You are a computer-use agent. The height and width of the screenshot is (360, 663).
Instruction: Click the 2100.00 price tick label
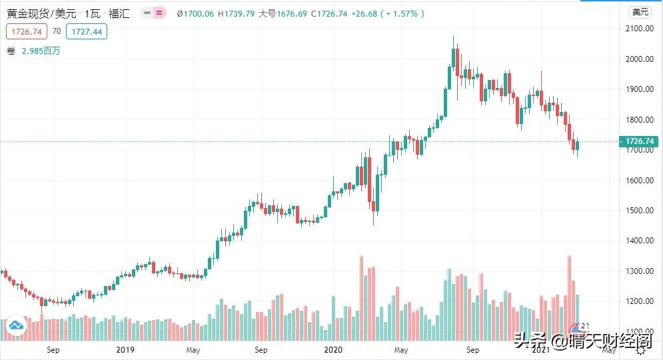[638, 29]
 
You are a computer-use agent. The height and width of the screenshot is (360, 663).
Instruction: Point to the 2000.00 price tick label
[638, 59]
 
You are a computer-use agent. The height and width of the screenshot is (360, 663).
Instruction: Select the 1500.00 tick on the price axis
[638, 210]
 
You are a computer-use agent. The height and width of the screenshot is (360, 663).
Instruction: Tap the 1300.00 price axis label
[638, 271]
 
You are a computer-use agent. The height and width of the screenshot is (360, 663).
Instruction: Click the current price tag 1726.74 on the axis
[638, 141]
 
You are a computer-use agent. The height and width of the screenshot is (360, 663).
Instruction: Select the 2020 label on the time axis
[332, 349]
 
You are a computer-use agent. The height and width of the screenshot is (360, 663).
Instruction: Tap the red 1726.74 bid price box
[25, 31]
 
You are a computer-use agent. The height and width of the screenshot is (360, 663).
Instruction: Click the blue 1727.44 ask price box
[87, 31]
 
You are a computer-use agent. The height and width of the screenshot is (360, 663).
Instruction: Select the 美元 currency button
[640, 12]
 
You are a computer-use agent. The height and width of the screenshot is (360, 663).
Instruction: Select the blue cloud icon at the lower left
[16, 325]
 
